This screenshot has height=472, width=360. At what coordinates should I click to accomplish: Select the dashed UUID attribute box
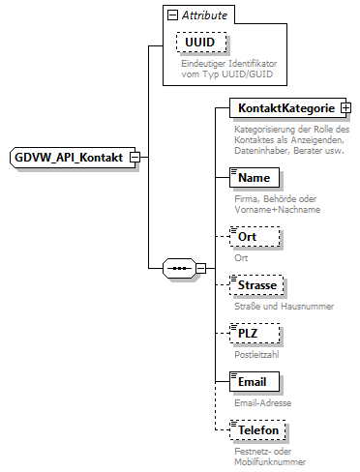pos(200,44)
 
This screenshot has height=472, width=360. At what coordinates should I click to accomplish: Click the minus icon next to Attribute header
pos(171,16)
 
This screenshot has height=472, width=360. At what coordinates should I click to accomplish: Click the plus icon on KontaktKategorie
pos(345,109)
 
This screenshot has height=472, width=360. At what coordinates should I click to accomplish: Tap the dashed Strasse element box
pos(257,285)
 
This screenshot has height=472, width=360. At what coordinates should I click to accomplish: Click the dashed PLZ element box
pos(254,334)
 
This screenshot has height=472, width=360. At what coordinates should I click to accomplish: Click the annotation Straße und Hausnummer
pos(285,307)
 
